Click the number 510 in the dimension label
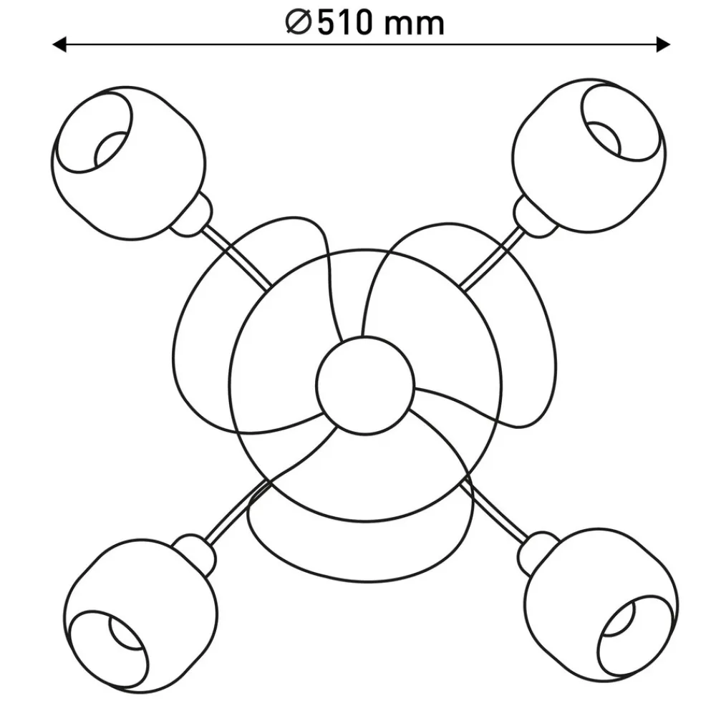345,23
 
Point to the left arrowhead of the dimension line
59,44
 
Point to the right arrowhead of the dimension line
663,44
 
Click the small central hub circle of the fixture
365,385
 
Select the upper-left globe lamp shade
128,163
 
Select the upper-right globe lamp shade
589,155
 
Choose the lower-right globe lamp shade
601,606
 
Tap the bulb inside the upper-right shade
604,138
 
